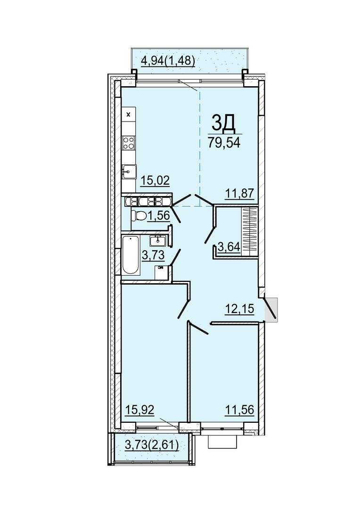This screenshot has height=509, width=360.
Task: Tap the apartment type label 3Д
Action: click(x=223, y=123)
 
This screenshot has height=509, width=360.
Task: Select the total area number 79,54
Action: click(x=224, y=142)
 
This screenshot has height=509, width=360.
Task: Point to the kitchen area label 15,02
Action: click(x=155, y=180)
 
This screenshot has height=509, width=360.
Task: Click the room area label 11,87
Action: click(x=239, y=194)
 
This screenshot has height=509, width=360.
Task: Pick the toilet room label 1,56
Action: click(x=158, y=215)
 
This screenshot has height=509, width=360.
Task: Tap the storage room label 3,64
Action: click(x=229, y=246)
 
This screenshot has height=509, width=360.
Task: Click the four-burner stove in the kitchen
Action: click(x=129, y=143)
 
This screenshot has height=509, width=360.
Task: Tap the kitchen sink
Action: click(x=129, y=171)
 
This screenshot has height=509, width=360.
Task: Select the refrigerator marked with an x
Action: click(x=129, y=114)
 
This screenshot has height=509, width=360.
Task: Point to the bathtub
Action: click(x=131, y=255)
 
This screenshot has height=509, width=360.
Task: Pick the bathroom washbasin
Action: click(x=158, y=240)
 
